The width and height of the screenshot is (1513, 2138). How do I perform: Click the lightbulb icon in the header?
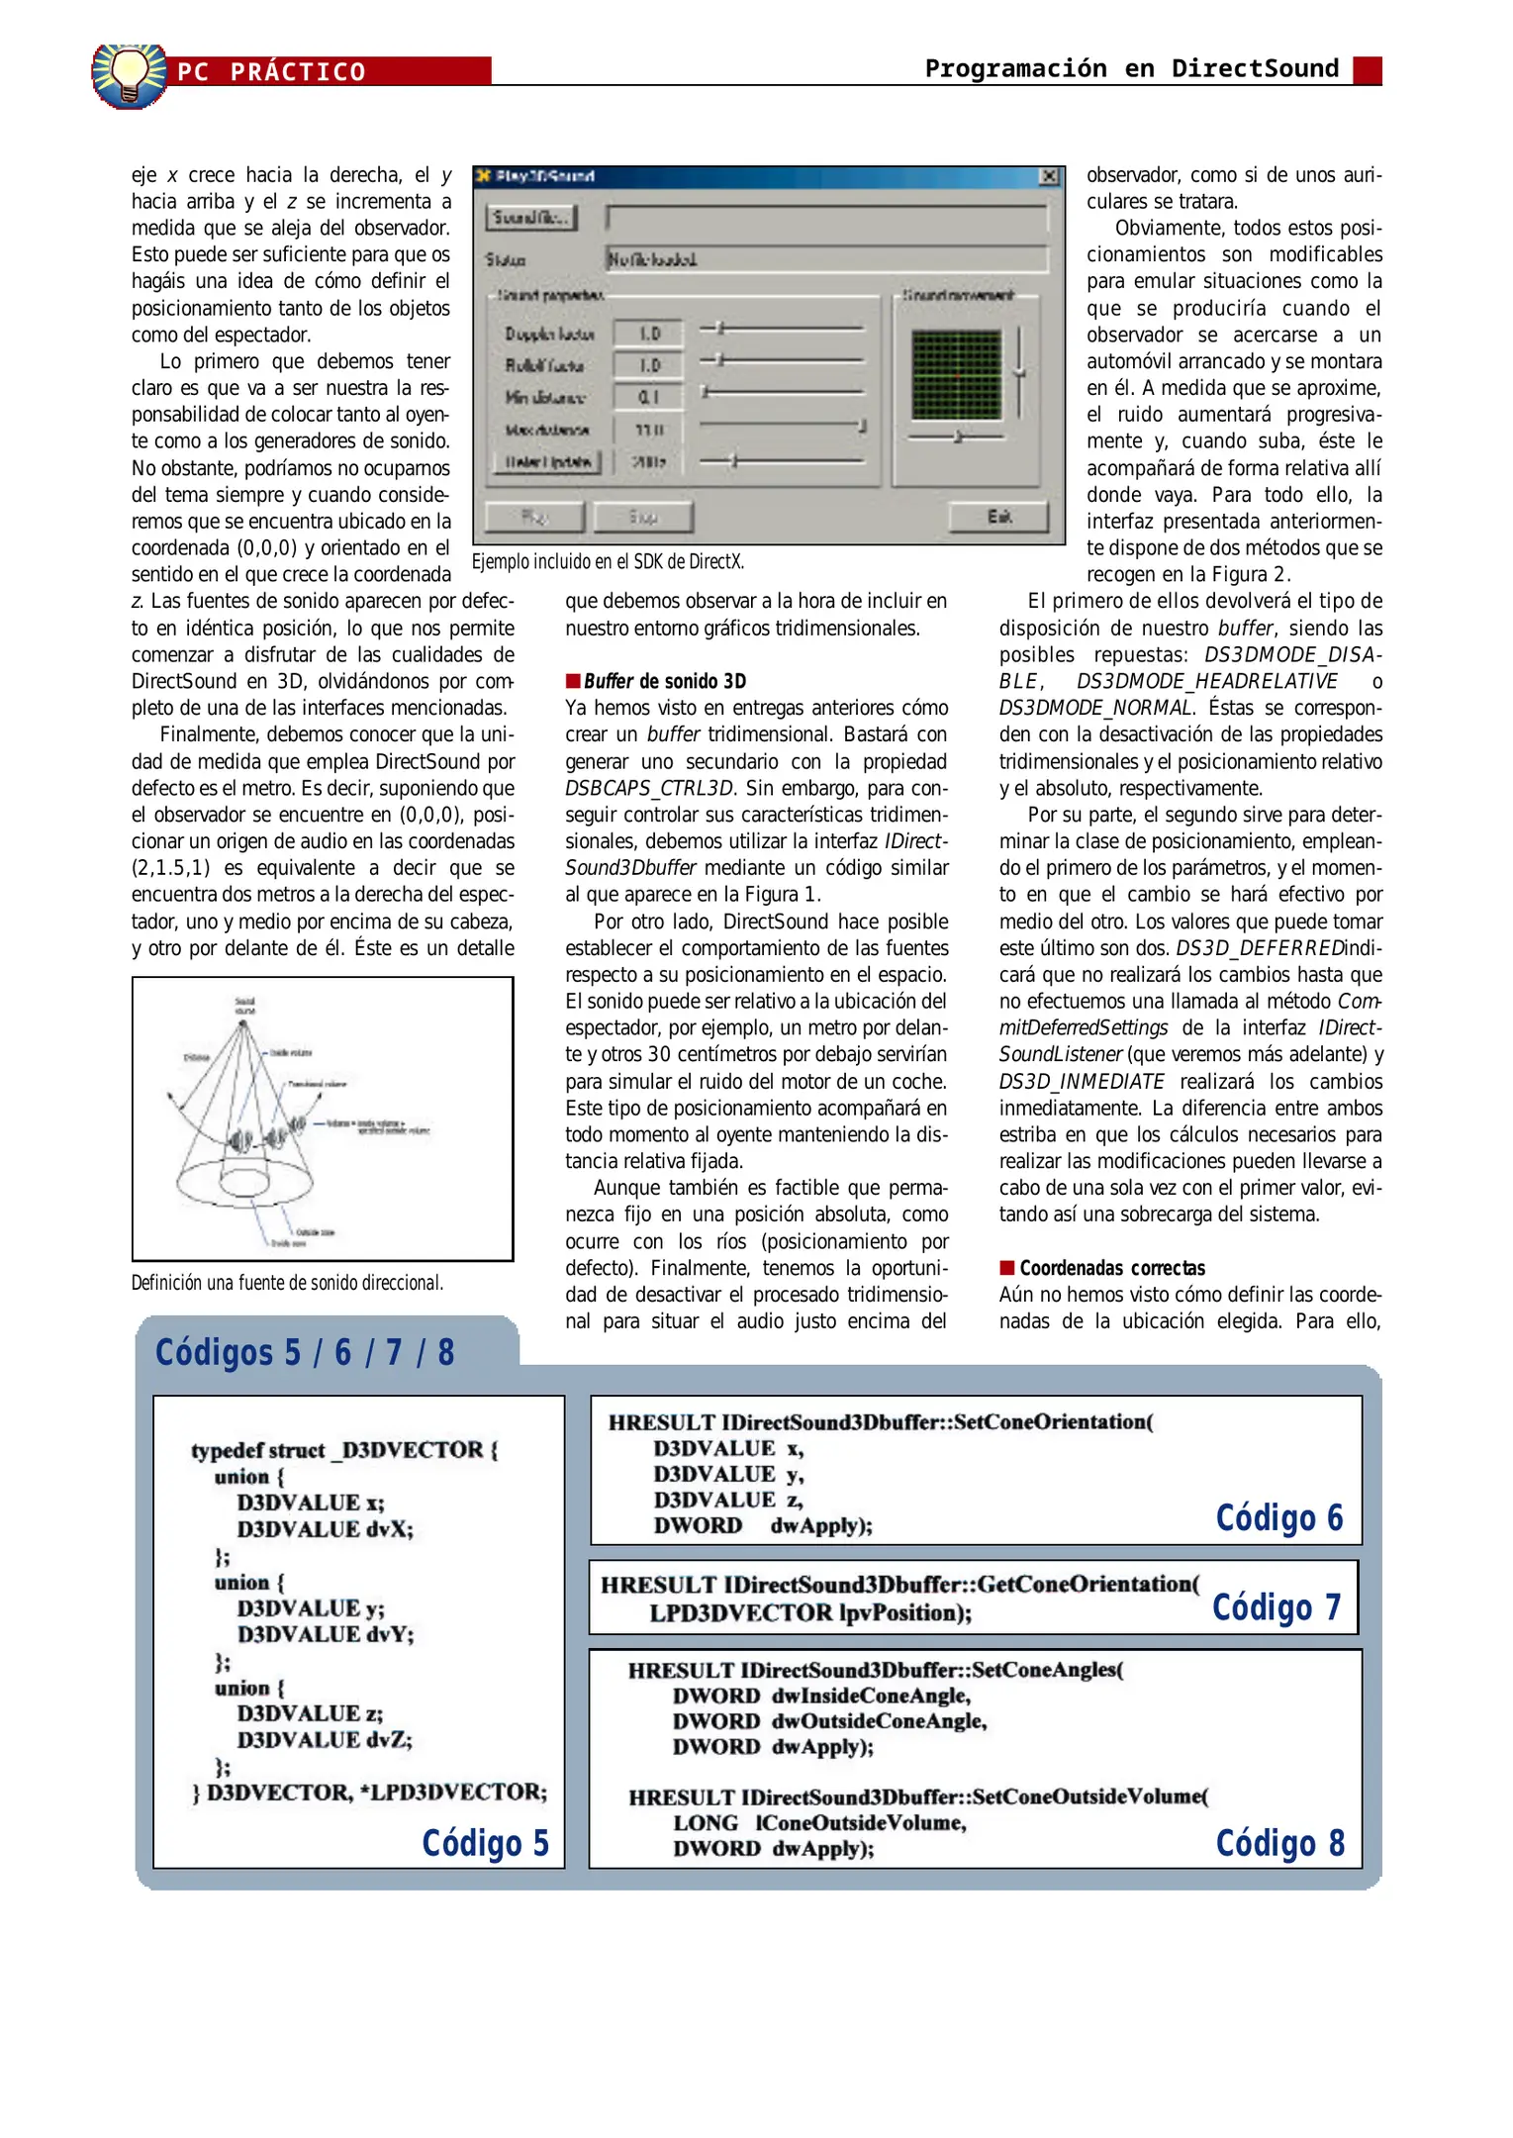(x=129, y=74)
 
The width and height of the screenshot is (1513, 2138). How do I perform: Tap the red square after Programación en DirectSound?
(x=1367, y=70)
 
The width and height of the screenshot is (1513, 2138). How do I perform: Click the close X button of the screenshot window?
(x=1049, y=176)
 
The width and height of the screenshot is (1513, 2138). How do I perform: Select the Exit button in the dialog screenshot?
(x=998, y=517)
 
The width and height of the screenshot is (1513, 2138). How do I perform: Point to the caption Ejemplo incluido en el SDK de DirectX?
(x=608, y=562)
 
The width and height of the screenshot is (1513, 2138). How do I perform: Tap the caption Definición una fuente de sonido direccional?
(x=287, y=1283)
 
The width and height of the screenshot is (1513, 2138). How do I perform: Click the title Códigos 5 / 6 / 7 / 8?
(x=305, y=1352)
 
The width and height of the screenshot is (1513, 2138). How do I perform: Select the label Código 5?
(x=485, y=1843)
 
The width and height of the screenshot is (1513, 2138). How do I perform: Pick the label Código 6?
(x=1278, y=1517)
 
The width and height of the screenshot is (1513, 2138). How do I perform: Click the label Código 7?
(x=1276, y=1606)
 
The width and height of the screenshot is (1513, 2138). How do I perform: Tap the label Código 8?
(x=1279, y=1843)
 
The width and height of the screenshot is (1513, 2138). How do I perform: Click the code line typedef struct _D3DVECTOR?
(x=344, y=1450)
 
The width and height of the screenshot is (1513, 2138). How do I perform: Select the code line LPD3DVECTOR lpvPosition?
(x=809, y=1613)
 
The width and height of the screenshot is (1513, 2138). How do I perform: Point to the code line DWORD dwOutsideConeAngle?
(x=829, y=1721)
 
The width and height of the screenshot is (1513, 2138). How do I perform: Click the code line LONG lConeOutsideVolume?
(x=819, y=1823)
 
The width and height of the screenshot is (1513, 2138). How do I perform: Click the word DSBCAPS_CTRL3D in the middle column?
(x=649, y=788)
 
